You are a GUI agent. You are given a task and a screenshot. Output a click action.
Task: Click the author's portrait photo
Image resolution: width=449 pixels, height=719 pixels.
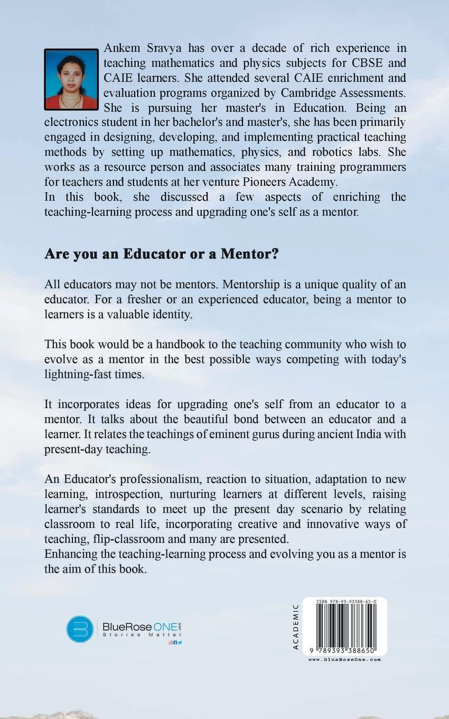pos(71,79)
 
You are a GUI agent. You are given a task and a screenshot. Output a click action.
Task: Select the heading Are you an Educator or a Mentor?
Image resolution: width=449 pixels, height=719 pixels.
pos(161,254)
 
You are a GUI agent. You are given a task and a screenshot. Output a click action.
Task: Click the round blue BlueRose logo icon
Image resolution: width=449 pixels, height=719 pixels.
pos(80,629)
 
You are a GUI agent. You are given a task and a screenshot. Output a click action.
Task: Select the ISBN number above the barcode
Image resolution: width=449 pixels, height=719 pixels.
pos(347,602)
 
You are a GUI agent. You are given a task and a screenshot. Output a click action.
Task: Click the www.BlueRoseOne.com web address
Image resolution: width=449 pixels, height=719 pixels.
pos(344,659)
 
